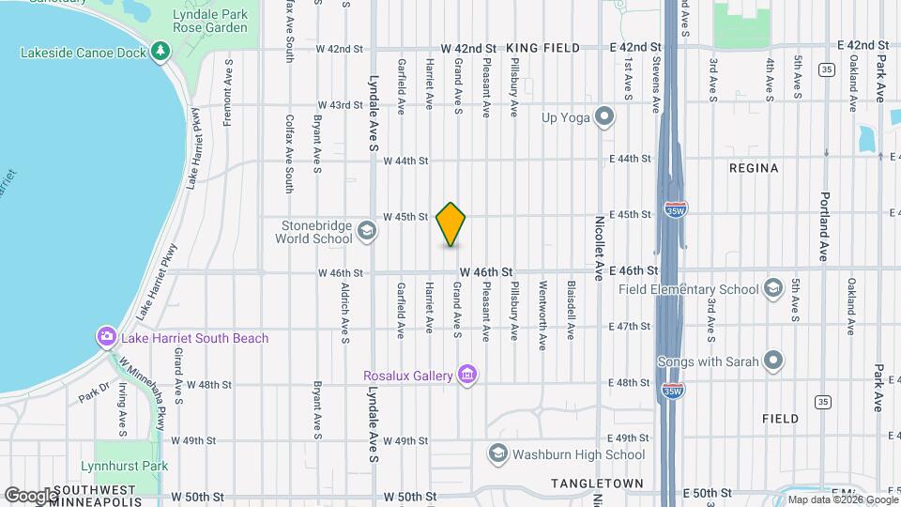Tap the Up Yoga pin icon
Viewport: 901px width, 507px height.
605,117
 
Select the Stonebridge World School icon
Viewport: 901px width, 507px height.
366,230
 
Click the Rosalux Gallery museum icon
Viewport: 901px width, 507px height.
467,376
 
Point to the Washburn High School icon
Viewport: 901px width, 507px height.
497,454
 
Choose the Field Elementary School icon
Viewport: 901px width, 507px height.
773,288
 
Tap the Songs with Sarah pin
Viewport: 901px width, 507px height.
773,361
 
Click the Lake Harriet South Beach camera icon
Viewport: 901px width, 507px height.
107,337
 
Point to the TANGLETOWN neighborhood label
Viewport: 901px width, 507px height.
597,484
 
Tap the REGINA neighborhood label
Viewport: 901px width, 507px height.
754,168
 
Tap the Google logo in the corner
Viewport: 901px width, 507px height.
30,495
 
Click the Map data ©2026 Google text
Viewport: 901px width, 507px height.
842,499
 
